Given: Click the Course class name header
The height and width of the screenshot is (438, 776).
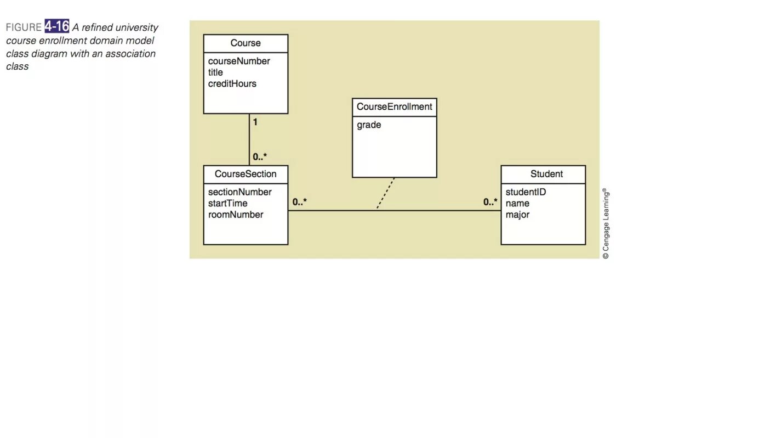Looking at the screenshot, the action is point(246,43).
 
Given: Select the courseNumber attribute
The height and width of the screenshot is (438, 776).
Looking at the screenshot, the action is point(239,61).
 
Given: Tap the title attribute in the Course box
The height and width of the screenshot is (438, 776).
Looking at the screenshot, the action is point(215,72).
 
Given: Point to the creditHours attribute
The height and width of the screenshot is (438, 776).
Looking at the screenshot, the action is point(232,83).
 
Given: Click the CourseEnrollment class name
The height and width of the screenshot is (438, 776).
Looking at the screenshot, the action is point(394,107).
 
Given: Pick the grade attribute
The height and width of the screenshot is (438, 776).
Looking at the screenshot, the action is point(369,125).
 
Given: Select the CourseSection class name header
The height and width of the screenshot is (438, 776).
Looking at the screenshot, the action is point(246,174).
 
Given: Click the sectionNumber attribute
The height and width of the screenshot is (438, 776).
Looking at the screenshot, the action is point(239,192).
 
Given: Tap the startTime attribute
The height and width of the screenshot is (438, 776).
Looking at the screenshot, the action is point(227,203).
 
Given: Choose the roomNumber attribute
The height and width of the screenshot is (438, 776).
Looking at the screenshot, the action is point(236,215).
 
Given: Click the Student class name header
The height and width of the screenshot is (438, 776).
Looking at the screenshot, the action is point(546,174).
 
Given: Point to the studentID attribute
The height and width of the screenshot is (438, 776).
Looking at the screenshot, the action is point(526,192).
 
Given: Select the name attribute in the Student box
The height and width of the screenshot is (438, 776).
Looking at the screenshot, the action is point(517,203).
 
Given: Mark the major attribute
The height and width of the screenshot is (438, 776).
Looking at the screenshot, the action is point(517,215).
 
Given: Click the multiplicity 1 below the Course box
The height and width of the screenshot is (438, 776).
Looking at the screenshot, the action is point(255,122).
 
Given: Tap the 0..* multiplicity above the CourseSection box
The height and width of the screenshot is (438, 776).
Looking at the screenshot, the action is point(260,157).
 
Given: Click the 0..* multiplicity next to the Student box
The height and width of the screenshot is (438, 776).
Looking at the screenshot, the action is point(490,202).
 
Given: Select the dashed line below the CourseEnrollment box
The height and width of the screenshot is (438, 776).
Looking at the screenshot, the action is point(386,193).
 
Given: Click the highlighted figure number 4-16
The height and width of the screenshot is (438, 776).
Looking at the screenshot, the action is point(57,27).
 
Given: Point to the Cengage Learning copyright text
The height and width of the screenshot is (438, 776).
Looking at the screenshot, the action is point(606,223).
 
